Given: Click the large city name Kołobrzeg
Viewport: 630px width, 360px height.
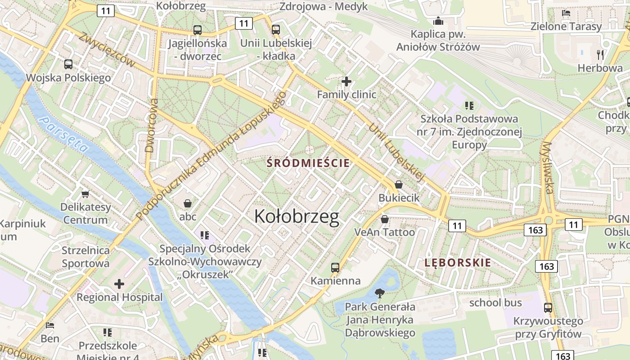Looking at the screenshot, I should pyautogui.click(x=297, y=217).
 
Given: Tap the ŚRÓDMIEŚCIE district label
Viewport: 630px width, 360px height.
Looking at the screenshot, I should pyautogui.click(x=308, y=163).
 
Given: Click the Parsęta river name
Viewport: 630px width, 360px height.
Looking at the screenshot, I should pyautogui.click(x=63, y=134).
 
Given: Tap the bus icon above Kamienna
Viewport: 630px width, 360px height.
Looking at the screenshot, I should pyautogui.click(x=335, y=268).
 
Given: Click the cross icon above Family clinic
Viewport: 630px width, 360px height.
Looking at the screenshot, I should pyautogui.click(x=346, y=81).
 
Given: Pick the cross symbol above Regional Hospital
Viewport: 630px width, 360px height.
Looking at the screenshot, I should pyautogui.click(x=119, y=284).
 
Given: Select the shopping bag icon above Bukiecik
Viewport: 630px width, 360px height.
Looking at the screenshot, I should pyautogui.click(x=399, y=184).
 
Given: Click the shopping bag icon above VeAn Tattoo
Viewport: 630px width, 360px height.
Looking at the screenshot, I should pyautogui.click(x=385, y=219).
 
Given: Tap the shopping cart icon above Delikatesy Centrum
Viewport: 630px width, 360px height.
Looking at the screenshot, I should pyautogui.click(x=85, y=194).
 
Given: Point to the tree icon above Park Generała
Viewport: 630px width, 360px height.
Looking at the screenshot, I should pyautogui.click(x=380, y=293).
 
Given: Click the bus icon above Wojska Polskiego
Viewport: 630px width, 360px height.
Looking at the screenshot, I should pyautogui.click(x=68, y=64).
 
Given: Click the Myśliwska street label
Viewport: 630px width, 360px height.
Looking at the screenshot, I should pyautogui.click(x=548, y=167).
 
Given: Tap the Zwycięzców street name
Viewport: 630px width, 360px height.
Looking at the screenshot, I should pyautogui.click(x=107, y=50).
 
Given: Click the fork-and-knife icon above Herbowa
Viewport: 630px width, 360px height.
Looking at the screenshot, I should pyautogui.click(x=600, y=55).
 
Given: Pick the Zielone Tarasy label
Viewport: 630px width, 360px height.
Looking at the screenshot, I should pyautogui.click(x=566, y=26).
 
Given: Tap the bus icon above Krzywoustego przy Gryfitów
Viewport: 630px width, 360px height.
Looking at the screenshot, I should pyautogui.click(x=548, y=308).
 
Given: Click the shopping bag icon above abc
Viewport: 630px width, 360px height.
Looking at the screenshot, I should pyautogui.click(x=188, y=203).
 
